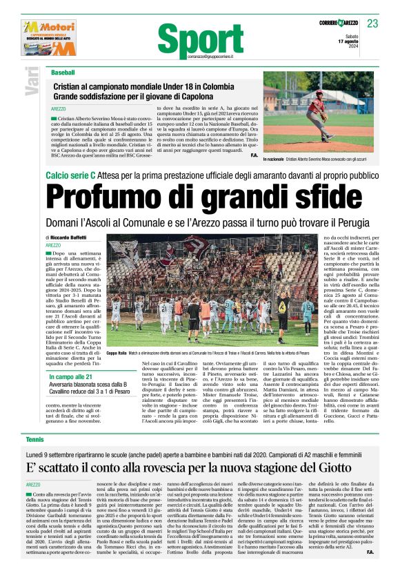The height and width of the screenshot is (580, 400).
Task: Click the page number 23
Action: tap(372, 23)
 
